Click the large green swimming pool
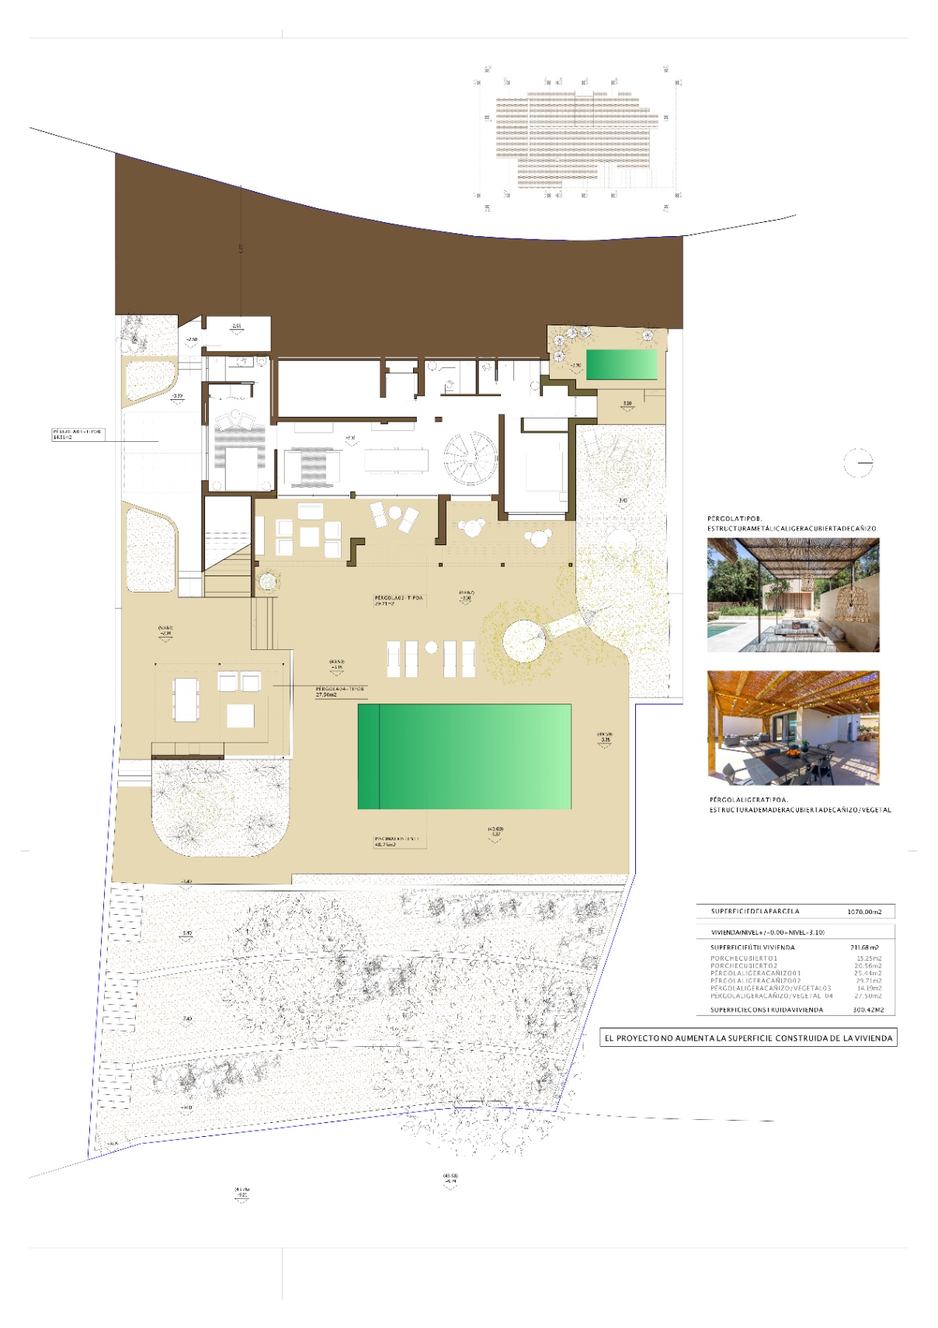point(464,756)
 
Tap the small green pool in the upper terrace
point(621,364)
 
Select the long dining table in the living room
point(396,460)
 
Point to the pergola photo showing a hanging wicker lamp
point(793,595)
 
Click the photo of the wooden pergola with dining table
point(793,728)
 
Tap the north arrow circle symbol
point(858,464)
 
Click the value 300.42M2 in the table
point(868,1010)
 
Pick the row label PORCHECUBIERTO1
point(744,958)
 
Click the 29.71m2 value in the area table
point(869,981)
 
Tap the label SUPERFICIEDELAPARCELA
point(755,912)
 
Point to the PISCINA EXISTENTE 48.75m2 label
point(398,841)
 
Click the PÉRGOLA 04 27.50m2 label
point(339,691)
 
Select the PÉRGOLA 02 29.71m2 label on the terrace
point(398,600)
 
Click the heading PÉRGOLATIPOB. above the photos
point(735,518)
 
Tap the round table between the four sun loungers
point(431,648)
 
